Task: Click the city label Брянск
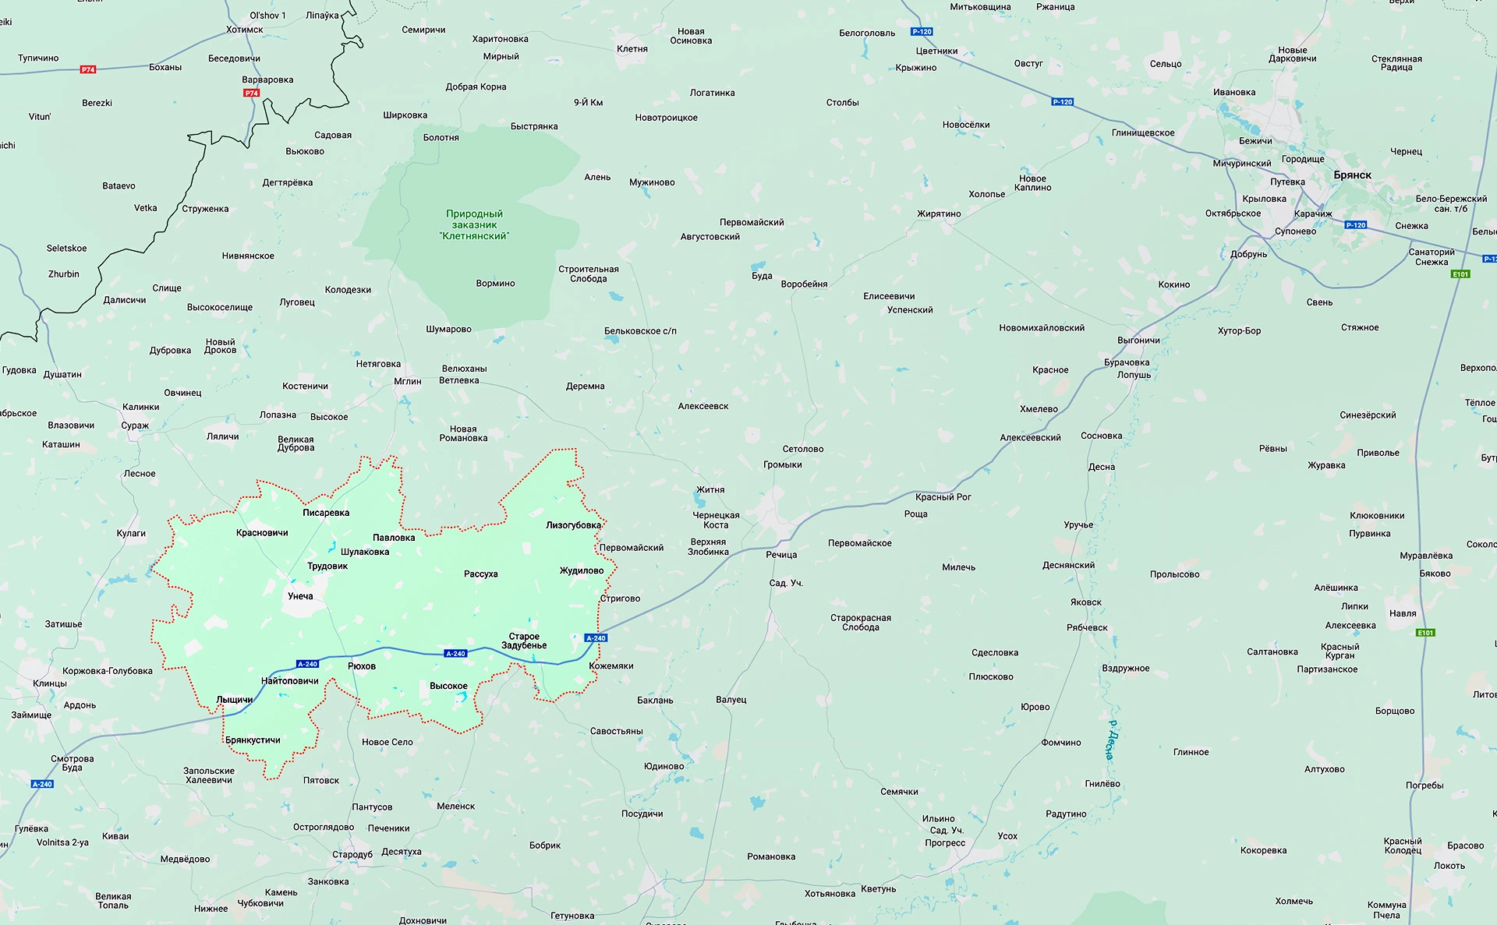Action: tap(1352, 175)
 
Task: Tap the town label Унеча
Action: tap(300, 596)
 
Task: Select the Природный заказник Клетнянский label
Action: tap(474, 224)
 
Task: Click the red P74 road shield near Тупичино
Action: tap(88, 69)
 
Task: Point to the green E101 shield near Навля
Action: tap(1425, 633)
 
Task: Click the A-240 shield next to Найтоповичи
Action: tap(308, 664)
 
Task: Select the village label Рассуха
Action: tap(480, 574)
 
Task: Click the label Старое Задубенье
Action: tap(524, 641)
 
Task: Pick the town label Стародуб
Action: tap(352, 854)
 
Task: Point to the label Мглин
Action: tap(408, 382)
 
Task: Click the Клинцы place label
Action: tap(50, 683)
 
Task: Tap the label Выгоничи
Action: tap(1138, 341)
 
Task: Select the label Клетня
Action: tap(632, 49)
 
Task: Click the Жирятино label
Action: tap(939, 214)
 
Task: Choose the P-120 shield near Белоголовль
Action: tap(922, 32)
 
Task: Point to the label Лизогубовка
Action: tap(573, 525)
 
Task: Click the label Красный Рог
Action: tap(943, 497)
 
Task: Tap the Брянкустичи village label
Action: tap(253, 740)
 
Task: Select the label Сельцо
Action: tap(1166, 64)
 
